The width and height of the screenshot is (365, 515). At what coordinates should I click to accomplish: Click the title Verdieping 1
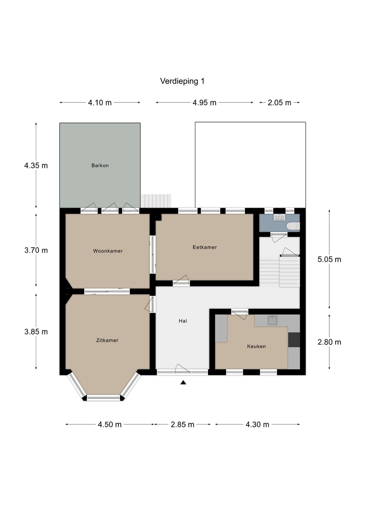(x=182, y=81)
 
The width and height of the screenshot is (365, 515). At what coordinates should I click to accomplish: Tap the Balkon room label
(x=100, y=165)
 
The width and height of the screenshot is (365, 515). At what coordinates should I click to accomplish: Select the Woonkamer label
(x=108, y=251)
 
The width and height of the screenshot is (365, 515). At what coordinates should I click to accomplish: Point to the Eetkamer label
(x=205, y=247)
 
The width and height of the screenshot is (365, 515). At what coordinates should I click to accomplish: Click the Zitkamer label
(x=107, y=340)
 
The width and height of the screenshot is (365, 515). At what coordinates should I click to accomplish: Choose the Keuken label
(x=256, y=346)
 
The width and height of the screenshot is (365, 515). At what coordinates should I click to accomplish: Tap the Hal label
(x=183, y=321)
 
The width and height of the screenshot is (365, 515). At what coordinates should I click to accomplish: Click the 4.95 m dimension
(x=205, y=103)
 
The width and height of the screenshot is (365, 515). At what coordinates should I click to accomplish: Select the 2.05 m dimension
(x=279, y=103)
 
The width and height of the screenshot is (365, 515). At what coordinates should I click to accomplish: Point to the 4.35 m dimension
(x=36, y=166)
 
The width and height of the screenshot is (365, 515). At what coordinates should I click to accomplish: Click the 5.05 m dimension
(x=329, y=259)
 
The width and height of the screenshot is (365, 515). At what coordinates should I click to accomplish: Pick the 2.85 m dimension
(x=182, y=425)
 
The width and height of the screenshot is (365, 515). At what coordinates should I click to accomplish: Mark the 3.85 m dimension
(x=36, y=332)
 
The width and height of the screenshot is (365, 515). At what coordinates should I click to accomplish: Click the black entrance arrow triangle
(x=183, y=382)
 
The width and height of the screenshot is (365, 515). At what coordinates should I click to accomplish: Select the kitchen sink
(x=273, y=320)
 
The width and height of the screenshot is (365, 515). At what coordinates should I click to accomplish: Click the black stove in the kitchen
(x=294, y=340)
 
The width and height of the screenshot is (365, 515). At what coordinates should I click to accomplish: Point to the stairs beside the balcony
(x=156, y=201)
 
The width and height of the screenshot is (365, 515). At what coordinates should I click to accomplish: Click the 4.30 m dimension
(x=257, y=425)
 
